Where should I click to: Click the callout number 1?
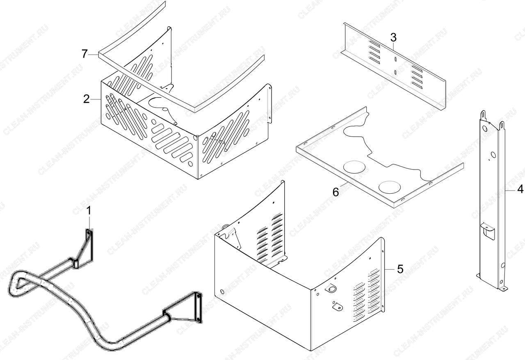click(x=89, y=210)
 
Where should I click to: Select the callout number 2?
click(x=87, y=99)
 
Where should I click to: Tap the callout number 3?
click(x=393, y=37)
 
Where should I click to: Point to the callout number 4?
click(x=520, y=190)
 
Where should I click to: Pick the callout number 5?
click(x=400, y=269)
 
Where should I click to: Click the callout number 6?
click(x=336, y=192)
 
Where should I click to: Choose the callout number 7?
click(x=84, y=54)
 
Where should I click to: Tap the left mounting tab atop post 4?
click(x=483, y=116)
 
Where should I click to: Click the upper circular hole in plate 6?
click(x=354, y=166)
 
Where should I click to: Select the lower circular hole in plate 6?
click(x=390, y=187)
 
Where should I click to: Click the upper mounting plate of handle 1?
click(x=89, y=244)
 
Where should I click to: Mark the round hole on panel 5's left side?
click(x=222, y=292)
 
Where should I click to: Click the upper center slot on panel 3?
click(x=395, y=59)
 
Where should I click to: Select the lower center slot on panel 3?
click(x=395, y=72)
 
